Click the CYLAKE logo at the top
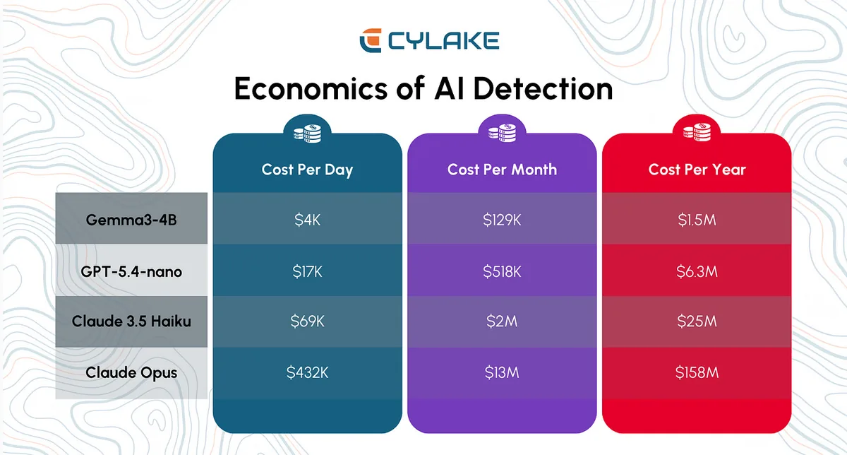click(429, 40)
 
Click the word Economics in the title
click(311, 88)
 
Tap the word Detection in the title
click(543, 88)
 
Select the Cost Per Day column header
click(307, 170)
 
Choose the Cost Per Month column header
click(502, 170)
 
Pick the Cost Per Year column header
click(697, 170)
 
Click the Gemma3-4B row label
click(131, 220)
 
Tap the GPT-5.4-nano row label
click(131, 271)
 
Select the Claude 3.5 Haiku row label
click(131, 321)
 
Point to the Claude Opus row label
click(131, 372)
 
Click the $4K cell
click(307, 220)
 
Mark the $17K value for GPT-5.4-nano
click(307, 271)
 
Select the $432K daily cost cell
click(307, 372)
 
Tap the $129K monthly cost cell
click(502, 220)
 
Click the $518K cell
click(502, 271)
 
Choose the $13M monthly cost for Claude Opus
click(502, 372)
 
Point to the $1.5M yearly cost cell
click(697, 220)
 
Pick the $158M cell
click(697, 372)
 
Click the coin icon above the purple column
click(502, 133)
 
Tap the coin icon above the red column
click(697, 133)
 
